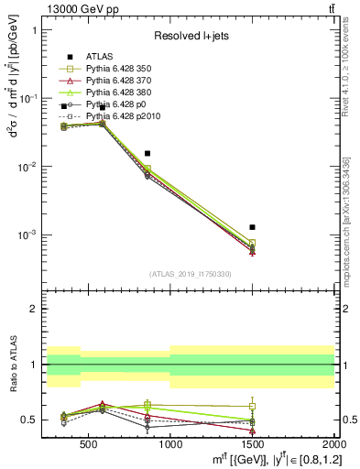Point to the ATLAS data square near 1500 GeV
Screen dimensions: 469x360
tap(252, 226)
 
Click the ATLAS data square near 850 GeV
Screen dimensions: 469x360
tap(147, 154)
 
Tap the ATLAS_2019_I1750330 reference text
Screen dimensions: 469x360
tap(190, 274)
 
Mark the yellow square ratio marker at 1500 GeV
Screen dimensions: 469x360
tap(252, 406)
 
